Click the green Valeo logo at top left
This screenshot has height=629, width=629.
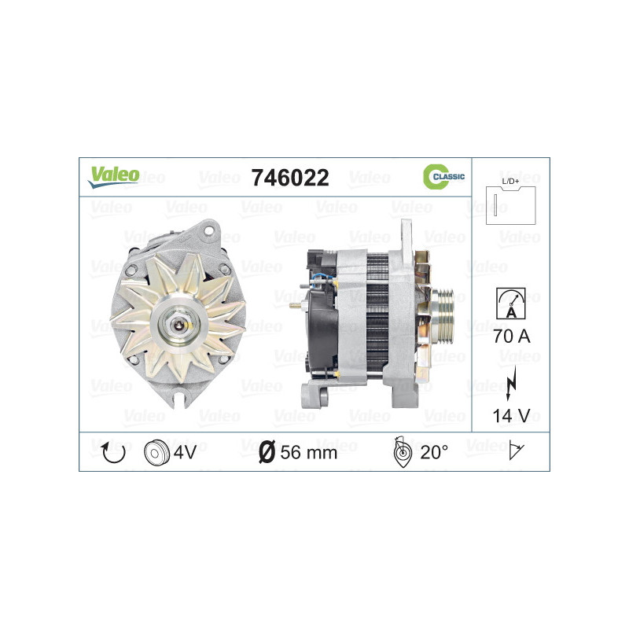click(113, 176)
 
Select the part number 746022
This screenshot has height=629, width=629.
click(289, 178)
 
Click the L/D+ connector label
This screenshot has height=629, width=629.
click(511, 182)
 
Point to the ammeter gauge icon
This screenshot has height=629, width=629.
click(511, 303)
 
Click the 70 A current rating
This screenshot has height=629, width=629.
click(511, 337)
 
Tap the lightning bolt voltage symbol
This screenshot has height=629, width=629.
click(512, 379)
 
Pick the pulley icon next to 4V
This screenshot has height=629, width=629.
click(157, 452)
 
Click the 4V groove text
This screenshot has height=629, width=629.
click(185, 452)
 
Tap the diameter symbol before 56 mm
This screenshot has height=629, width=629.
click(267, 452)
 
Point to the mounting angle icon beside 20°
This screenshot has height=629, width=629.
click(400, 451)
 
